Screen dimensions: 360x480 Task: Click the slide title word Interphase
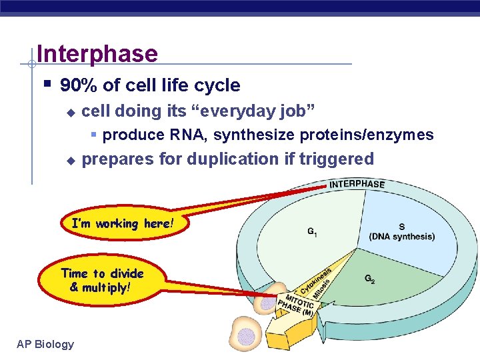[x=97, y=54]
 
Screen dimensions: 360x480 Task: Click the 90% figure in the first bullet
[x=76, y=85]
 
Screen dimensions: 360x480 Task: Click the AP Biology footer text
[x=45, y=344]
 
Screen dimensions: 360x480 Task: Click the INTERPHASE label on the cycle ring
[x=357, y=185]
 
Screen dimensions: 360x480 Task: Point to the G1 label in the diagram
[x=311, y=232]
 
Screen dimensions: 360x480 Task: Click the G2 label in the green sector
[x=369, y=280]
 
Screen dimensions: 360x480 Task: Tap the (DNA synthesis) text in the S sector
[x=401, y=237]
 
